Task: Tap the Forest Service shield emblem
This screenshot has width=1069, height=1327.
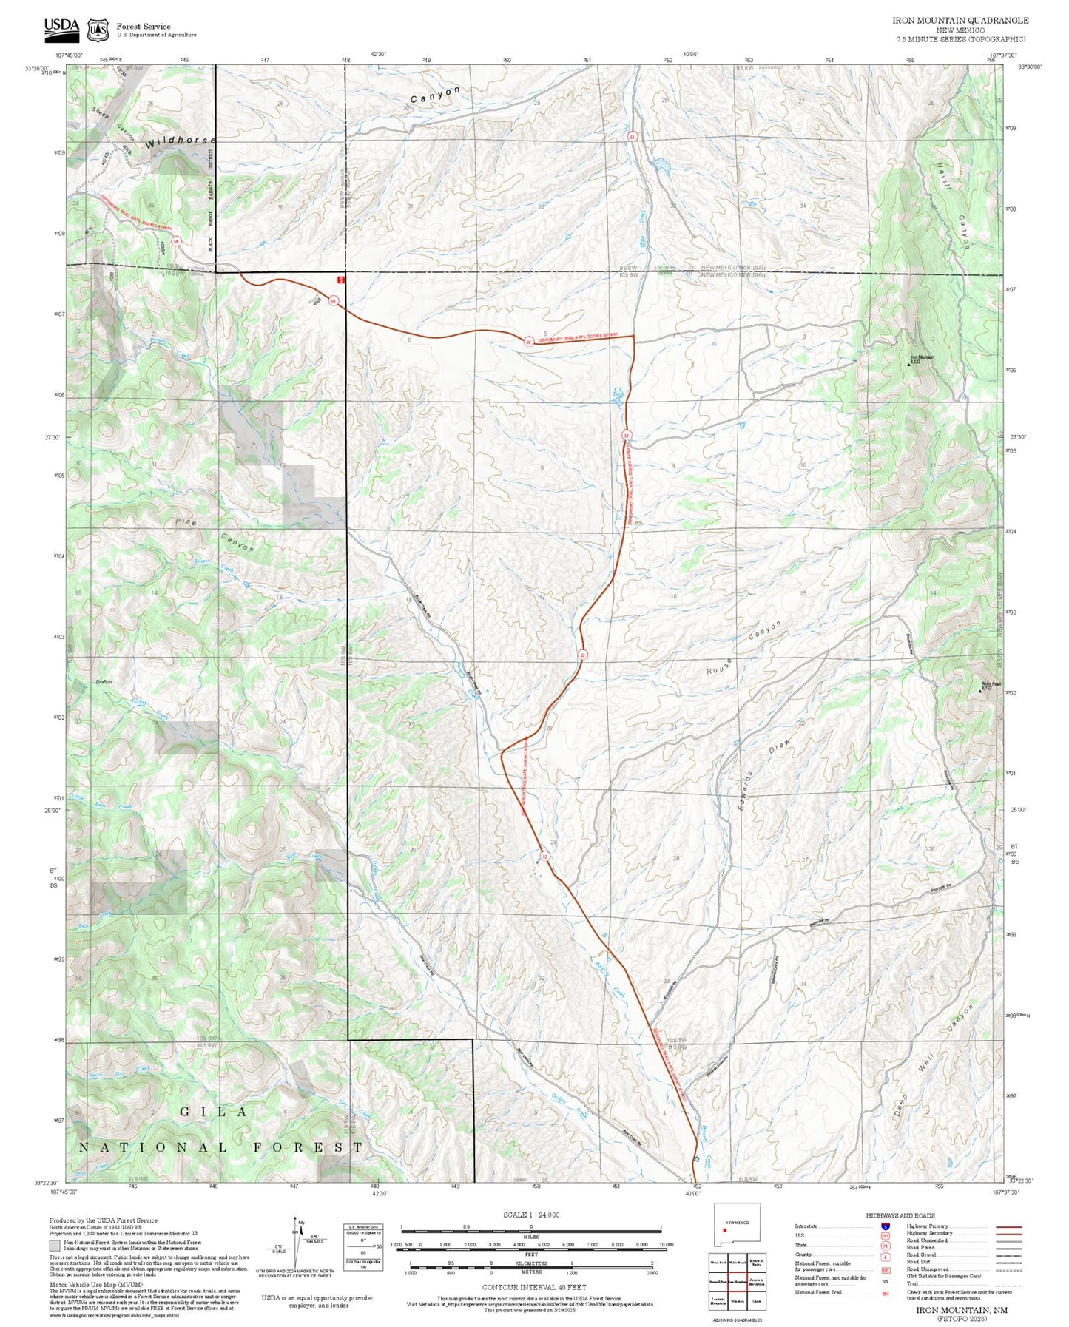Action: pyautogui.click(x=97, y=30)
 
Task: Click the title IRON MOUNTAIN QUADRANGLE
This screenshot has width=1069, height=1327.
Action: pyautogui.click(x=960, y=20)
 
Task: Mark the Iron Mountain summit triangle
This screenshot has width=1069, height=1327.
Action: pyautogui.click(x=909, y=364)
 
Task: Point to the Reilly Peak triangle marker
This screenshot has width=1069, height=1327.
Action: pyautogui.click(x=980, y=690)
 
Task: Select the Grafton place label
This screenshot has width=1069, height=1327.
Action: pyautogui.click(x=104, y=681)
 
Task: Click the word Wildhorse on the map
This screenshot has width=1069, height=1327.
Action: pyautogui.click(x=181, y=141)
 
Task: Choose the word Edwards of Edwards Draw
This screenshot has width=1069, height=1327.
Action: pyautogui.click(x=746, y=794)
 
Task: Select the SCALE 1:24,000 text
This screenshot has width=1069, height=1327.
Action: pyautogui.click(x=531, y=1215)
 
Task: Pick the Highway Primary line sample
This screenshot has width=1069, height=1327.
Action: pyautogui.click(x=1008, y=1226)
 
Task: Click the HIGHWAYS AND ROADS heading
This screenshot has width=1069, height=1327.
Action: pyautogui.click(x=900, y=1215)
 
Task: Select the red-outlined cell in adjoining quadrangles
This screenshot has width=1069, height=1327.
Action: pyautogui.click(x=737, y=1280)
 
